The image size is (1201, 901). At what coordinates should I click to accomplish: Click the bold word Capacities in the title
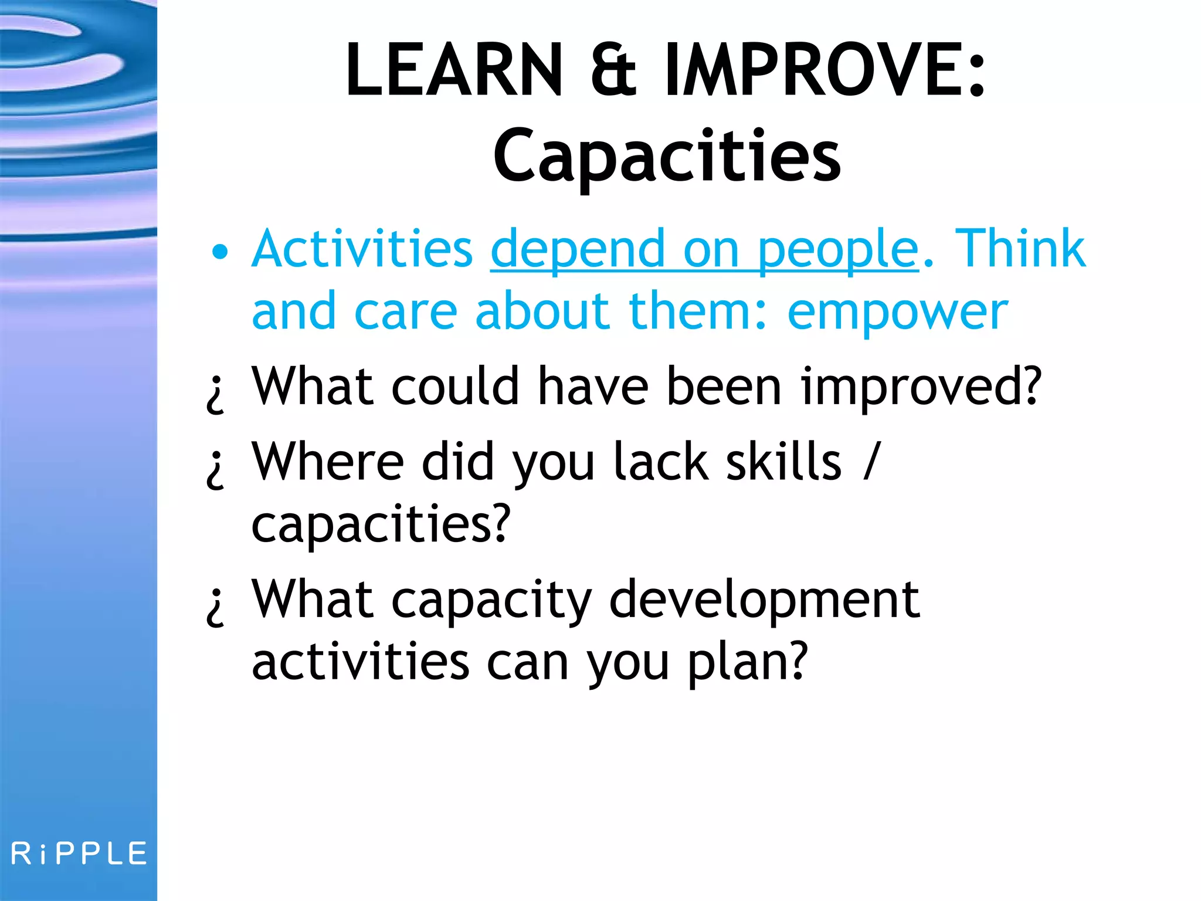click(667, 156)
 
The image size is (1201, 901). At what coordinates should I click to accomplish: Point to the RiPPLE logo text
click(79, 853)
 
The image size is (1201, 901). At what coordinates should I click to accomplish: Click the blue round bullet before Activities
click(220, 252)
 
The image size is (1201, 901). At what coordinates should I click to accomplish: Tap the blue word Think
click(1020, 249)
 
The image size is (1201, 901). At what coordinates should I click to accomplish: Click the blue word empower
click(897, 312)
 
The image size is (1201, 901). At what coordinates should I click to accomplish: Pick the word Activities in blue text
click(362, 249)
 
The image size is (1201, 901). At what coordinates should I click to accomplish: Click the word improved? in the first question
click(921, 387)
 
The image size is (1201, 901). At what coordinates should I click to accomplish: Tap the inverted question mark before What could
click(216, 394)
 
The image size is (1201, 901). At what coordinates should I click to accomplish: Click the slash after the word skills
click(872, 462)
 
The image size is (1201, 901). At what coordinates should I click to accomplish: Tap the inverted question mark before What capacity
click(216, 608)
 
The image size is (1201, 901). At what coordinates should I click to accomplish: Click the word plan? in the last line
click(748, 663)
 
